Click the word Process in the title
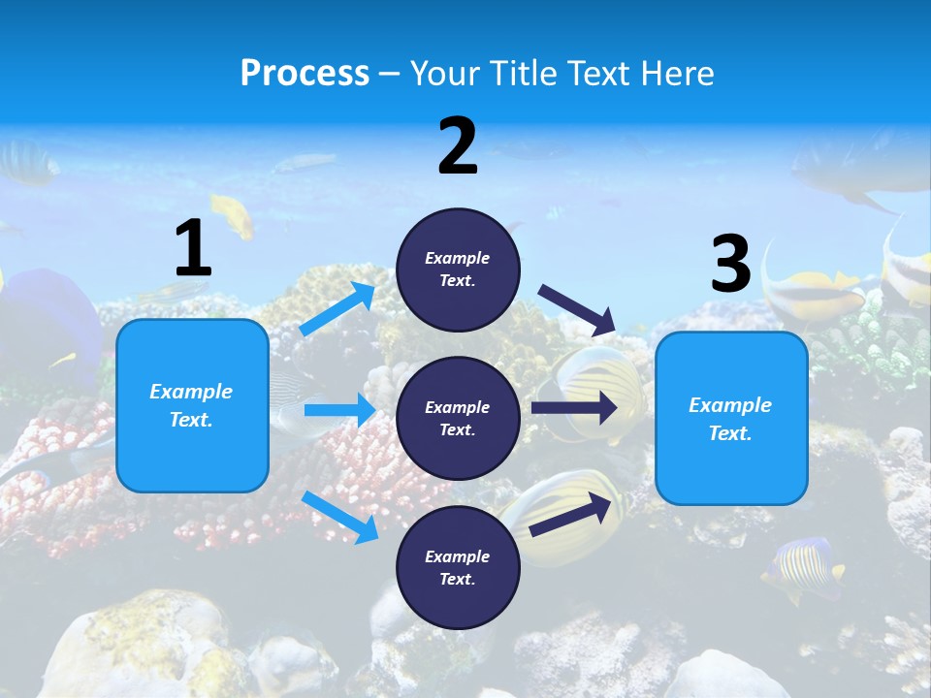(305, 73)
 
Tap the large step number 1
(193, 249)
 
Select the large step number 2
(458, 146)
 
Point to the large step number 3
(730, 264)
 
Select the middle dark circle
(458, 418)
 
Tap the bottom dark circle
(458, 567)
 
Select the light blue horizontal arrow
(339, 410)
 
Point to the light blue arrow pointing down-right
(339, 517)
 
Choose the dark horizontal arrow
(574, 407)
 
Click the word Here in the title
(678, 73)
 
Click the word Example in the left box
(191, 392)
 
